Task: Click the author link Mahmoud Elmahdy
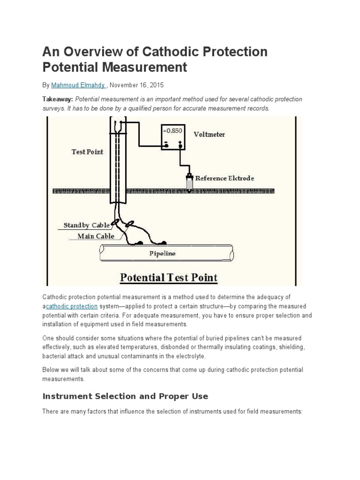[78, 85]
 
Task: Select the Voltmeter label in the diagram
[210, 134]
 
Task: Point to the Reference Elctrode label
[225, 178]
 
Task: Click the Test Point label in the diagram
[87, 151]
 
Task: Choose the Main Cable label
[96, 236]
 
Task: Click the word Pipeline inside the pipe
[162, 253]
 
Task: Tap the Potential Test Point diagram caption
[169, 277]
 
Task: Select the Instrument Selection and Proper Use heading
[125, 396]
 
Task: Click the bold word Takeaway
[58, 99]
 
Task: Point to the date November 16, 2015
[137, 85]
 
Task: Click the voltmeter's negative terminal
[165, 145]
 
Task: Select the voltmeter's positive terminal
[180, 145]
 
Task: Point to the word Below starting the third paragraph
[51, 370]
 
